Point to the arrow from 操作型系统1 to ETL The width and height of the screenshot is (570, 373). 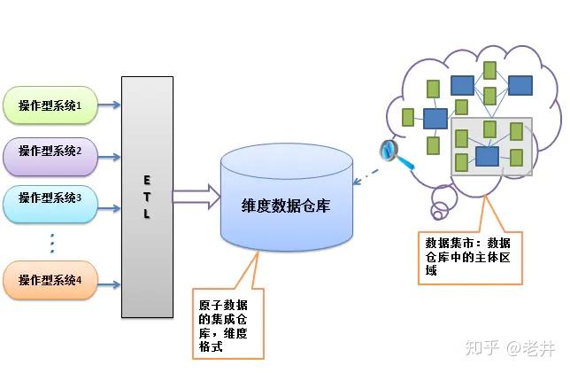(109, 106)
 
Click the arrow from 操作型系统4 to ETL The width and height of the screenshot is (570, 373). (109, 285)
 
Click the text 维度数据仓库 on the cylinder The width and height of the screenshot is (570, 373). (284, 204)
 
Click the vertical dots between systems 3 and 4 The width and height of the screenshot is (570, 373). (52, 242)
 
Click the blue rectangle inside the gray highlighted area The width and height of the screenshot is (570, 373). (487, 155)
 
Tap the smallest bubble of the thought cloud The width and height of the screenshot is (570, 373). (439, 212)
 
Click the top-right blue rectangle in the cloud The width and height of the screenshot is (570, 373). (520, 85)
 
